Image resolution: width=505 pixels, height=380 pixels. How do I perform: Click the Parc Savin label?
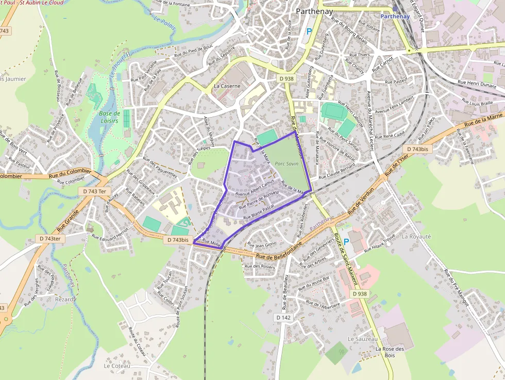[286, 163]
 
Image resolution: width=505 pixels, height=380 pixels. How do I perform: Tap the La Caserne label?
[227, 86]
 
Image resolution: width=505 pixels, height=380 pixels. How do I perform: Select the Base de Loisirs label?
[109, 117]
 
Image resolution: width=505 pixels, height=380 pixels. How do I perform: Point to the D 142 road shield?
[283, 318]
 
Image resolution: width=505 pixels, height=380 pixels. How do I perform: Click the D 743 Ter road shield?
[95, 191]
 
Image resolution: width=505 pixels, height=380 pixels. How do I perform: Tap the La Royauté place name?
[415, 236]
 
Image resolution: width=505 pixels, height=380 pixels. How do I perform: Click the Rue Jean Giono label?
[262, 244]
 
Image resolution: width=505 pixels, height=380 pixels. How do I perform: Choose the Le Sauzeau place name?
[363, 339]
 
